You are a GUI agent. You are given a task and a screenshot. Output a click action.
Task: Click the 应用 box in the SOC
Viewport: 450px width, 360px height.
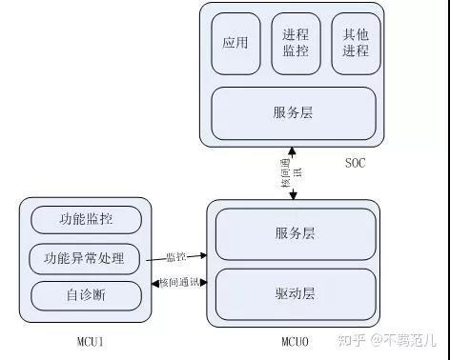pyautogui.click(x=235, y=44)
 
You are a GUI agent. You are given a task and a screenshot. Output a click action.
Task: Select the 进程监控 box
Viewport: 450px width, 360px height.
pyautogui.click(x=296, y=44)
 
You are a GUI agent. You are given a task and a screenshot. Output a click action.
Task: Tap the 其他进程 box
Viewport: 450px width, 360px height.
pyautogui.click(x=356, y=44)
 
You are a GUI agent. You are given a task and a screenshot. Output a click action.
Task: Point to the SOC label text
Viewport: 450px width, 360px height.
pyautogui.click(x=355, y=163)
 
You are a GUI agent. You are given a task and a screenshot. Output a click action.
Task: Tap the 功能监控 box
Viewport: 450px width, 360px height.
pyautogui.click(x=86, y=219)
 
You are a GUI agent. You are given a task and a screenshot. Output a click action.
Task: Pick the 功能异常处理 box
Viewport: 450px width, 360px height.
pyautogui.click(x=86, y=258)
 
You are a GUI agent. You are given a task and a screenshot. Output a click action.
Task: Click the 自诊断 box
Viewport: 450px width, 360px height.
pyautogui.click(x=86, y=294)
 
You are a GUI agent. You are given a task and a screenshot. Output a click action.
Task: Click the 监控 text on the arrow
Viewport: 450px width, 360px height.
pyautogui.click(x=174, y=256)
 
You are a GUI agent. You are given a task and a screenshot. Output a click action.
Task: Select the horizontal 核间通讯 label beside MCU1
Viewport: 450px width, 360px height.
pyautogui.click(x=180, y=284)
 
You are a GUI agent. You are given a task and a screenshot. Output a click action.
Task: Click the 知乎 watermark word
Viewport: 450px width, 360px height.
pyautogui.click(x=351, y=338)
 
